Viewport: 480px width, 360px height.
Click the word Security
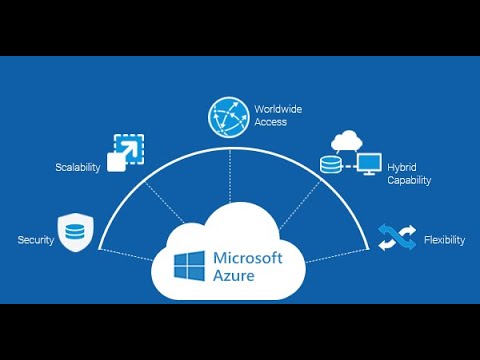click(x=35, y=240)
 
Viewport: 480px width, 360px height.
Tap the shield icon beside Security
click(x=75, y=232)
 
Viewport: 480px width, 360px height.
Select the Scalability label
click(x=77, y=167)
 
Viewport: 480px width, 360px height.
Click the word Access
click(x=270, y=122)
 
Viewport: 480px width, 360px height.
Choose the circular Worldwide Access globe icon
click(x=228, y=117)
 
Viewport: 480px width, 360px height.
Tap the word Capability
click(x=409, y=181)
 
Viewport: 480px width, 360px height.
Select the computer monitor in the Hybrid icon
click(x=369, y=163)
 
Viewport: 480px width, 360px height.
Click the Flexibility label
click(x=442, y=240)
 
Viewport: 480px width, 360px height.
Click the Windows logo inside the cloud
click(x=190, y=266)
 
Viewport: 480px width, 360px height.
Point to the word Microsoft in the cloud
click(x=248, y=257)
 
